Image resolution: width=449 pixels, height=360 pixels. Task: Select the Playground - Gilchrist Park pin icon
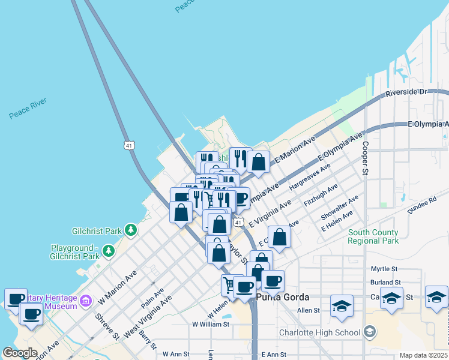point(108,251)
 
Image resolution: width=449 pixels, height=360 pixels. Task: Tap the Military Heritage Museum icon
point(85,299)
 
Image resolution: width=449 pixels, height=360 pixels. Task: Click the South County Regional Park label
point(373,236)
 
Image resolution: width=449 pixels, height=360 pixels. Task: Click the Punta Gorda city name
point(282,298)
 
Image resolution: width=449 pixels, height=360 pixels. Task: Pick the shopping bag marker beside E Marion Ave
point(259,161)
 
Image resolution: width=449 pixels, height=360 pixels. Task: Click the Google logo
point(20,353)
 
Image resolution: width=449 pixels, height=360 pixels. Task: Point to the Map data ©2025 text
point(424,355)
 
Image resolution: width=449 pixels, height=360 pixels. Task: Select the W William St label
point(211,324)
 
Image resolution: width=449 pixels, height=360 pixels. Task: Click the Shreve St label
point(107,327)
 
